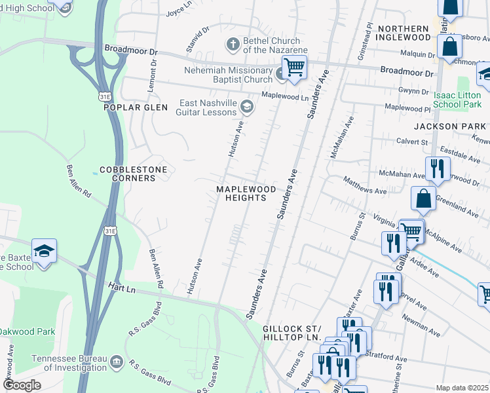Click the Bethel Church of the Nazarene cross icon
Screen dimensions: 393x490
pyautogui.click(x=233, y=45)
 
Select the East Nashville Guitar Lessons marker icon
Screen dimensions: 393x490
pyautogui.click(x=247, y=106)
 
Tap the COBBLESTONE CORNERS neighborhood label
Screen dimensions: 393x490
pyautogui.click(x=133, y=174)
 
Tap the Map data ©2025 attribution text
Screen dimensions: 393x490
pyautogui.click(x=462, y=388)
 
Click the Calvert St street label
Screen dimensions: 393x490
pyautogui.click(x=412, y=141)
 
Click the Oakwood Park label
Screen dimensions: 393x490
pyautogui.click(x=28, y=331)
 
